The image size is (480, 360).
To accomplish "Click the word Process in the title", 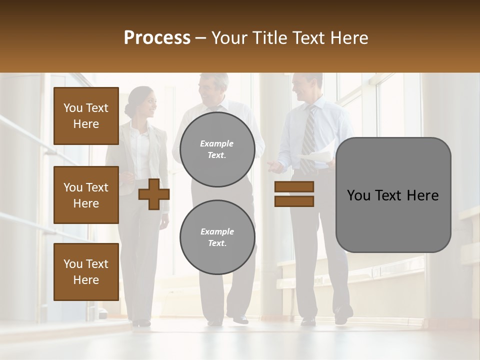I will pos(157,38).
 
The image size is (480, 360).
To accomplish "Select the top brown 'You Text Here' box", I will pos(86,116).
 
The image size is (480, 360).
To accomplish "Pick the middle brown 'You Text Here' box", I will pos(86,195).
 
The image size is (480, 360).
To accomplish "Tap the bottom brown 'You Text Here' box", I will pos(86,272).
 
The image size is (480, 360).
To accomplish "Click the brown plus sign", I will pos(154,194).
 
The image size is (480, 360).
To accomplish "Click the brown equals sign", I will pos(294,194).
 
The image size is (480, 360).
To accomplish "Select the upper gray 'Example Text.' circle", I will pos(217,149).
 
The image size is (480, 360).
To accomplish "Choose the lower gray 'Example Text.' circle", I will pos(217,237).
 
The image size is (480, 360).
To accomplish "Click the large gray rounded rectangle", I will pos(393,195).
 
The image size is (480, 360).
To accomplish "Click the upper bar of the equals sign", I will pos(294,186).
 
